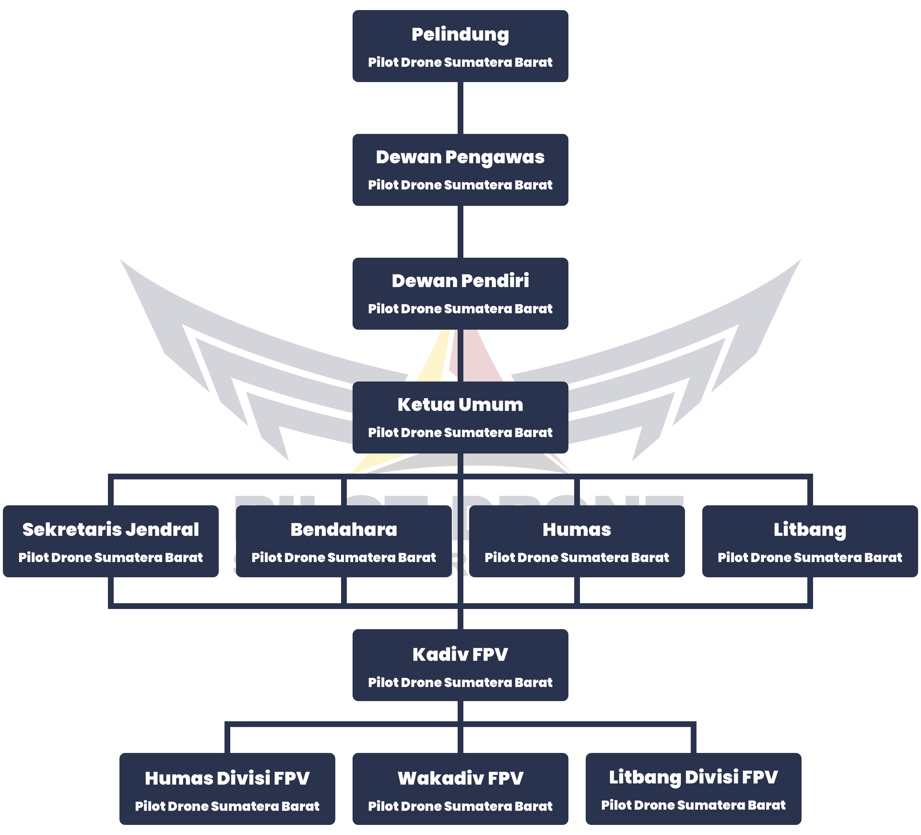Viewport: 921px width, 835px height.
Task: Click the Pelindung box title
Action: coord(460,35)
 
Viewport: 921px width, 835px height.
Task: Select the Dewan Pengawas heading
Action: coord(460,157)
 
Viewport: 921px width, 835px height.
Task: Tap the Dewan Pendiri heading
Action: coord(460,281)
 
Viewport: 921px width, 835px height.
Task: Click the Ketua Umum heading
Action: coord(460,405)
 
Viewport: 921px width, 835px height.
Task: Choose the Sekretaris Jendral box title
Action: coord(111,530)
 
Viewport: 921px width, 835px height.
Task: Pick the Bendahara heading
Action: coord(344,530)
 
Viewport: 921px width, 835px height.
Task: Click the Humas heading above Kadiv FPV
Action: coord(576,530)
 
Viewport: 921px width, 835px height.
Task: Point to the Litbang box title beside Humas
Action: coord(810,530)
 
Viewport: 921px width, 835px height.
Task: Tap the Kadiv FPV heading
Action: coord(460,654)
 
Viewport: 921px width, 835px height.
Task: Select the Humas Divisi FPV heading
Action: coord(227,778)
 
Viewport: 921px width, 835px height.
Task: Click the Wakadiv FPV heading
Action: coord(460,778)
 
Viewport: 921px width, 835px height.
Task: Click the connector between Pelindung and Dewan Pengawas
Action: coord(460,108)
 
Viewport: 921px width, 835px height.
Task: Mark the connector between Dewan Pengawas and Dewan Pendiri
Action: coord(460,232)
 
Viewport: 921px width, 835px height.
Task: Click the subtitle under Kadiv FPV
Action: coord(460,682)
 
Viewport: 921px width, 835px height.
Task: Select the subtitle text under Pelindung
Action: coord(460,62)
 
